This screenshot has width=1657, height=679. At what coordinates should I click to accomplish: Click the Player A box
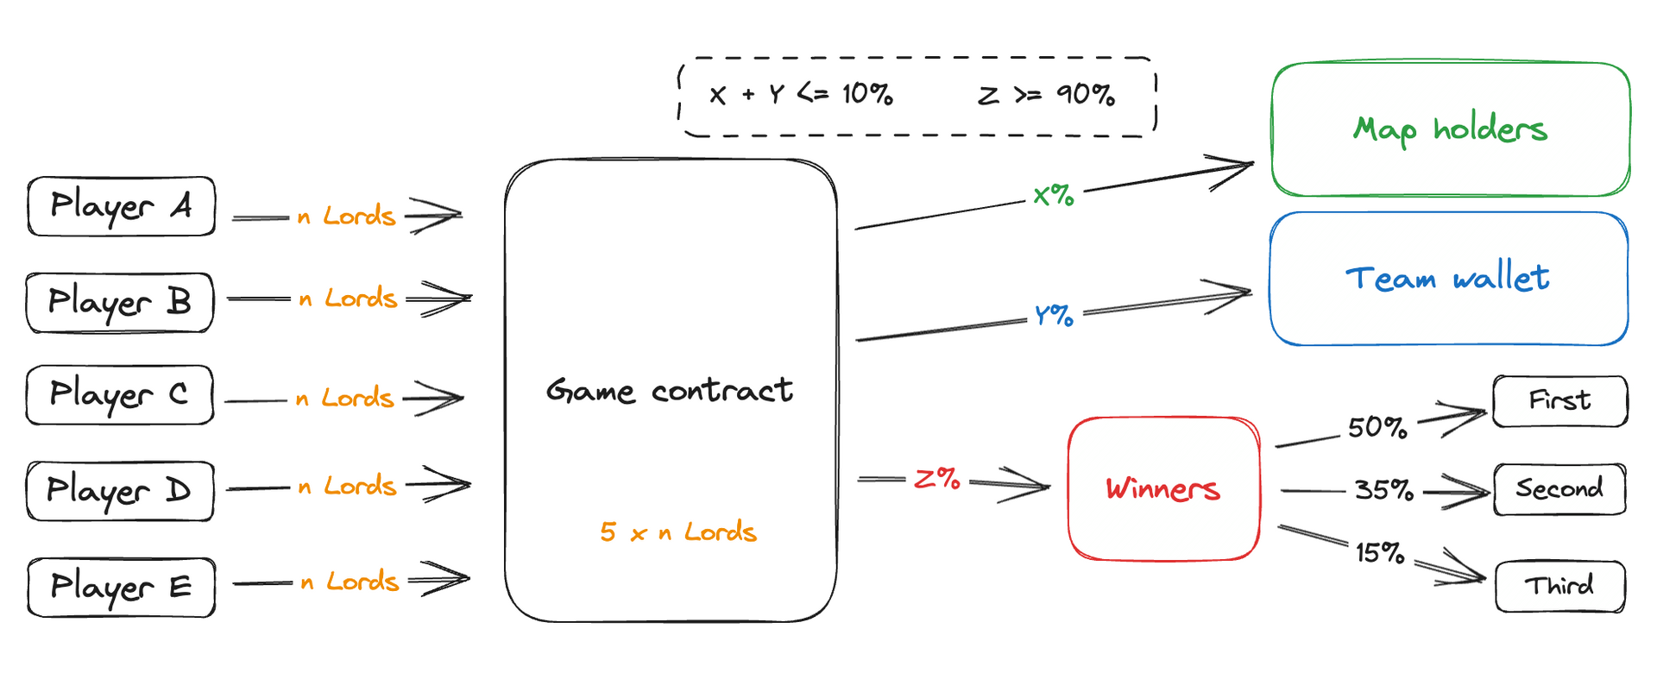121,206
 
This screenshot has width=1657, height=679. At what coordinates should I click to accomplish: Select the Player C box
119,394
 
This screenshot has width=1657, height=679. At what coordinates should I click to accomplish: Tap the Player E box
121,587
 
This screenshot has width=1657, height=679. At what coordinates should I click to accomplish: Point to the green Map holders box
1451,129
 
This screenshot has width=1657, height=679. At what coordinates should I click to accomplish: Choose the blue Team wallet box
1448,279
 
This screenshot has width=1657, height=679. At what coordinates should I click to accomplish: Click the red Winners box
1163,489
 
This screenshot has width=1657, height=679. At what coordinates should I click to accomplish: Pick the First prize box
1559,400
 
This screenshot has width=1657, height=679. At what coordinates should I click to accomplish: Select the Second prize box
1559,489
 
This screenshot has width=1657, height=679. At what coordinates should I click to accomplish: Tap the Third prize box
1559,586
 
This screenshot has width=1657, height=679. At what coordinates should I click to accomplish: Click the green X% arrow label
1054,195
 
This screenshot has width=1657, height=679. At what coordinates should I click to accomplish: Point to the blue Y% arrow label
1054,315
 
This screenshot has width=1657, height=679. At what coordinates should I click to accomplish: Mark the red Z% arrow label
937,478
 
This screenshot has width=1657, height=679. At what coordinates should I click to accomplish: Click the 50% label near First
1377,427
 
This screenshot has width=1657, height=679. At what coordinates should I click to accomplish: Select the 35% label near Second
1384,490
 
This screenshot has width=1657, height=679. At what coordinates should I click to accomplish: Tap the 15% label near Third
1380,552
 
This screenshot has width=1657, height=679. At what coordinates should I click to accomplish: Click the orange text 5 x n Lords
678,531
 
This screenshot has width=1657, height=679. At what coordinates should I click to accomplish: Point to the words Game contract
670,391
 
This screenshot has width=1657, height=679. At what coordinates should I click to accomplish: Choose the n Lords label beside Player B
348,299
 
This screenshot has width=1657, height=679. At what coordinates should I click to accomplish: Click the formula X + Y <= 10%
801,94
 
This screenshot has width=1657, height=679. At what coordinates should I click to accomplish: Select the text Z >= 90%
1046,94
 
